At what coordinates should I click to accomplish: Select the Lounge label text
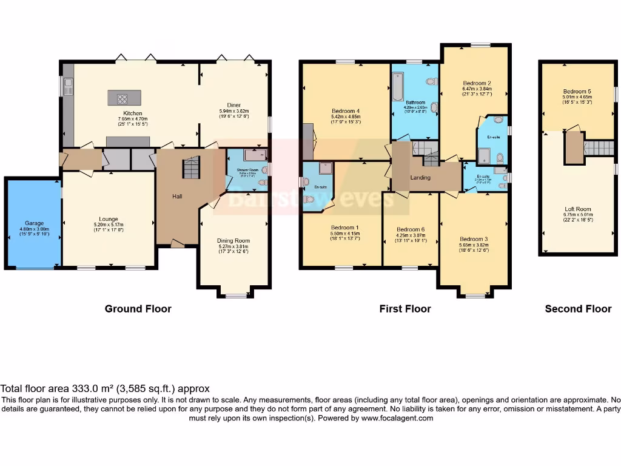(109, 219)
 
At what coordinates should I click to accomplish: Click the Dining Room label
(233, 241)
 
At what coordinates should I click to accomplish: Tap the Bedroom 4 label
(346, 111)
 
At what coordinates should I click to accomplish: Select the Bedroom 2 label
(477, 83)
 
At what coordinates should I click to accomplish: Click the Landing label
(420, 178)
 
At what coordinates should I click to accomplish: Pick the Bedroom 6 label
(411, 229)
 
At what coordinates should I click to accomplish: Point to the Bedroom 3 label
(474, 239)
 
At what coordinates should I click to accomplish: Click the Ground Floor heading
(138, 309)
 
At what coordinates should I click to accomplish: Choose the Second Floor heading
(578, 309)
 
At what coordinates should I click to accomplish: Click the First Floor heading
(405, 309)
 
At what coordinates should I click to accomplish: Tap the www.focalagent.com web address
(397, 418)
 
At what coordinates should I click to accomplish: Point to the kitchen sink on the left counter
(68, 83)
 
